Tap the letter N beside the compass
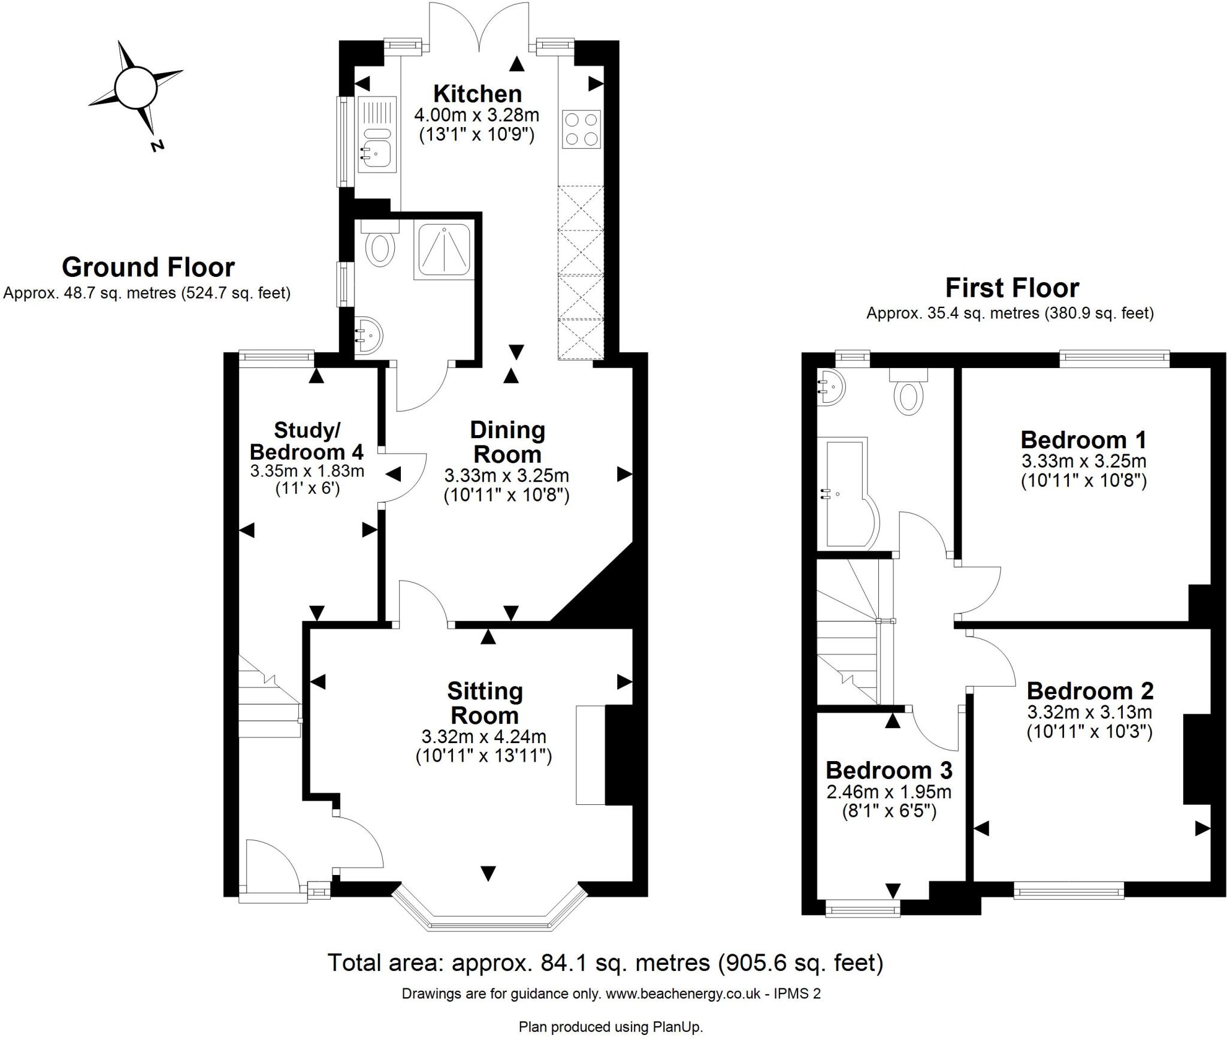pyautogui.click(x=158, y=145)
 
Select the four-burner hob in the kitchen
pyautogui.click(x=582, y=129)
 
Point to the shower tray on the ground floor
pyautogui.click(x=444, y=251)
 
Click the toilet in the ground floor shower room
pyautogui.click(x=379, y=248)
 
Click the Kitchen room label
pyautogui.click(x=477, y=94)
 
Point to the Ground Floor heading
pyautogui.click(x=148, y=267)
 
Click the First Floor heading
pyautogui.click(x=1012, y=288)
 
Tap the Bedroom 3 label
pyautogui.click(x=888, y=770)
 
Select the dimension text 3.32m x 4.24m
pyautogui.click(x=483, y=736)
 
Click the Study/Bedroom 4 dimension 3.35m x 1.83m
pyautogui.click(x=307, y=471)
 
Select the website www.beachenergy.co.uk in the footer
pyautogui.click(x=683, y=994)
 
